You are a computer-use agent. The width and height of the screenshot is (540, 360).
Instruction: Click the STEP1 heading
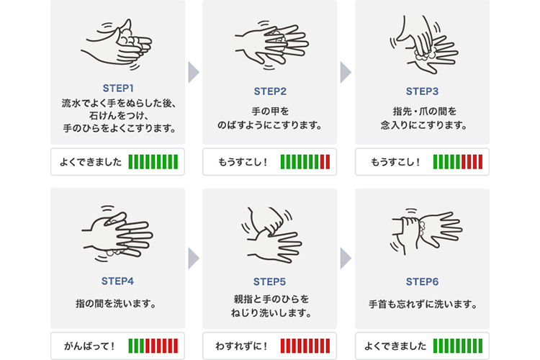(118, 88)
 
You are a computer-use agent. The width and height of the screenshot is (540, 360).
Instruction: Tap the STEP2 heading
(270, 91)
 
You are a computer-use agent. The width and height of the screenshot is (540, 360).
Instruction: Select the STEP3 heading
(422, 91)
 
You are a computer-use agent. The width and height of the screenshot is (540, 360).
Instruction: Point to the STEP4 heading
(117, 281)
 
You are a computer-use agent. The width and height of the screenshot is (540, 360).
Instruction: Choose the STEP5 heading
(270, 282)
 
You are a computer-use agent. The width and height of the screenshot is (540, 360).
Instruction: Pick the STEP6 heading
(422, 282)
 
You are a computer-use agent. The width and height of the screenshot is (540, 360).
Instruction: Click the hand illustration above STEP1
(117, 45)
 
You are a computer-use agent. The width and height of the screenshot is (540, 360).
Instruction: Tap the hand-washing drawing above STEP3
(423, 45)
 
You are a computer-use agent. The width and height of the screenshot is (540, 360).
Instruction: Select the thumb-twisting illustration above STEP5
(271, 235)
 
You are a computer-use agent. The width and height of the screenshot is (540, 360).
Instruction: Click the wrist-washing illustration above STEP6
(426, 232)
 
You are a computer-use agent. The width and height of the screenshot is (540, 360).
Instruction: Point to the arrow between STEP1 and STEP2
(194, 72)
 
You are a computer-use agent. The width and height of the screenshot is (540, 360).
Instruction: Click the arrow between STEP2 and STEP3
(346, 72)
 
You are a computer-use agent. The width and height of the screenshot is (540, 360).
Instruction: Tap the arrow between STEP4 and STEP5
(194, 258)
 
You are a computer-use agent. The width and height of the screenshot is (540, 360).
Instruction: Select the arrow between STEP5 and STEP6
(346, 258)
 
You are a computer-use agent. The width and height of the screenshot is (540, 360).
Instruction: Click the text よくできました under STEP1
(91, 162)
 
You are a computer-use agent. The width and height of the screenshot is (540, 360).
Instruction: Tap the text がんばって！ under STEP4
(89, 346)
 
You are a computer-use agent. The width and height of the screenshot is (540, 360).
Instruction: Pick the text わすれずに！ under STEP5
(242, 346)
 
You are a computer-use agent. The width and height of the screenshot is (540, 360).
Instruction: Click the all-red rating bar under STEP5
(305, 346)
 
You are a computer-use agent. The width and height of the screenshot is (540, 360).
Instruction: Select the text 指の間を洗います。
(116, 304)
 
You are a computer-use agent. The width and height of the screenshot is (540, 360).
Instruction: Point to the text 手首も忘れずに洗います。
(423, 304)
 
